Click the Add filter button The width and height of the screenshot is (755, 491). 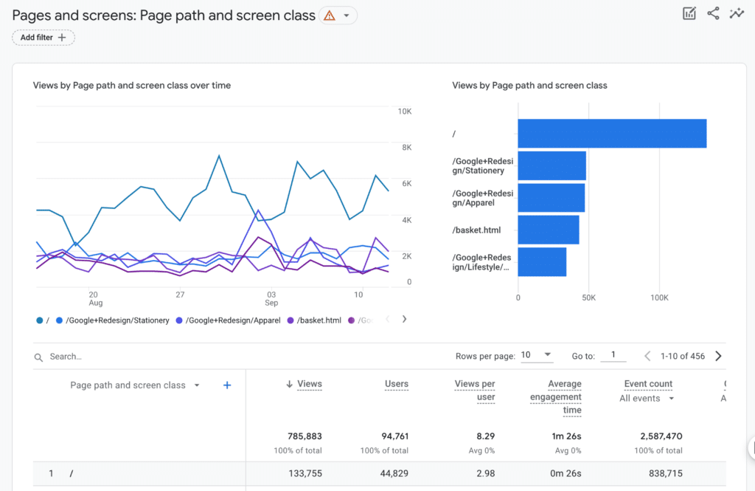[44, 38]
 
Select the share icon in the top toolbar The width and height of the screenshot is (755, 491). [713, 13]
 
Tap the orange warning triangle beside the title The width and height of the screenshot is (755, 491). [329, 16]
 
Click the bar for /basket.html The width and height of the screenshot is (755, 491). [548, 230]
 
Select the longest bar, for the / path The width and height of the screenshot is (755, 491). [612, 134]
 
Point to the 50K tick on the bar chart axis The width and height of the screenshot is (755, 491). [588, 298]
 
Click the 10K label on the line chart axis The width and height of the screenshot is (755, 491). [404, 111]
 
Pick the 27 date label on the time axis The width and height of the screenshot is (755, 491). [180, 295]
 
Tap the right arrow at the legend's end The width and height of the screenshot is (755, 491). [404, 320]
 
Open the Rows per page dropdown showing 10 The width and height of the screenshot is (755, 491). [537, 355]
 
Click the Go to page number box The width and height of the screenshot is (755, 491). [613, 355]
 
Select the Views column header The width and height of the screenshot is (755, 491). [309, 384]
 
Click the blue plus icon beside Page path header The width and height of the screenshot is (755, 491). [227, 385]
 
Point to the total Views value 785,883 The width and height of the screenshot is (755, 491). [305, 436]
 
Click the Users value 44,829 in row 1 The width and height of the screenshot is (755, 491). [390, 473]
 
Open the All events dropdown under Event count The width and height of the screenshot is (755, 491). [647, 399]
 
